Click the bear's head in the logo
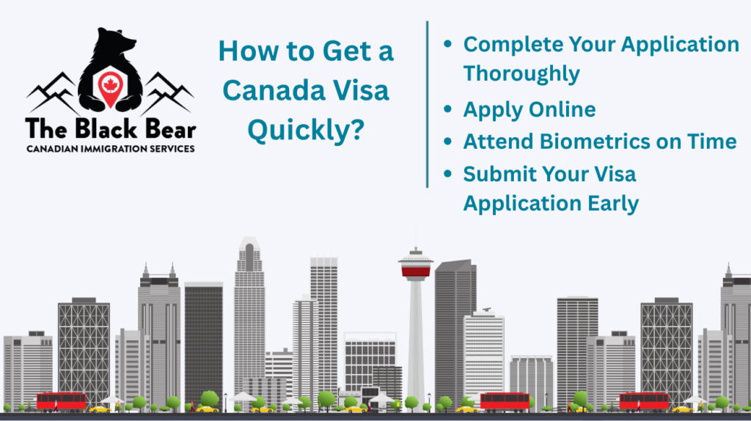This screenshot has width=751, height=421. [115, 42]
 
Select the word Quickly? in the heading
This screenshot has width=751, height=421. [306, 131]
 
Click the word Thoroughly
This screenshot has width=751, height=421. [521, 74]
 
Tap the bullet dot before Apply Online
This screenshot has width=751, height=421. [448, 109]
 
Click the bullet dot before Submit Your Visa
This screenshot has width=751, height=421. [448, 173]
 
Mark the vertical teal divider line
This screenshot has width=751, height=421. [428, 104]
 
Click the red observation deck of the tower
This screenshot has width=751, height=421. [416, 272]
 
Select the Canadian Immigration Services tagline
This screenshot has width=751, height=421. [111, 149]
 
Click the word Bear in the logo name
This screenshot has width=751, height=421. [170, 129]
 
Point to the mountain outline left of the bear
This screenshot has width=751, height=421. [54, 92]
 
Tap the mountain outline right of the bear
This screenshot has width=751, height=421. [168, 92]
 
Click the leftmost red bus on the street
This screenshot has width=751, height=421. [62, 401]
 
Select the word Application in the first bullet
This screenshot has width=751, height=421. [680, 45]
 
